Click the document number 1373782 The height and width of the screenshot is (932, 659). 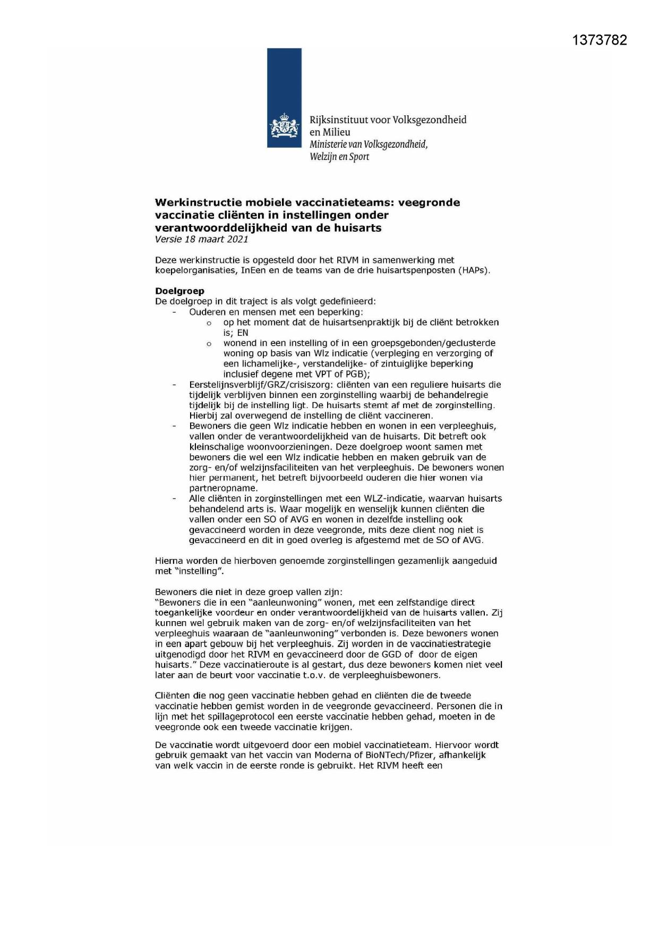pyautogui.click(x=600, y=40)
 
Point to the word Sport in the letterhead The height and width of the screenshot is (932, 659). pyautogui.click(x=359, y=157)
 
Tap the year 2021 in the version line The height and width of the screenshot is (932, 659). pyautogui.click(x=238, y=239)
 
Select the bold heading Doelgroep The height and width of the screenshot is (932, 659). pyautogui.click(x=179, y=291)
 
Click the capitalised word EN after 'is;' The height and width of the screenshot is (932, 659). pyautogui.click(x=243, y=333)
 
